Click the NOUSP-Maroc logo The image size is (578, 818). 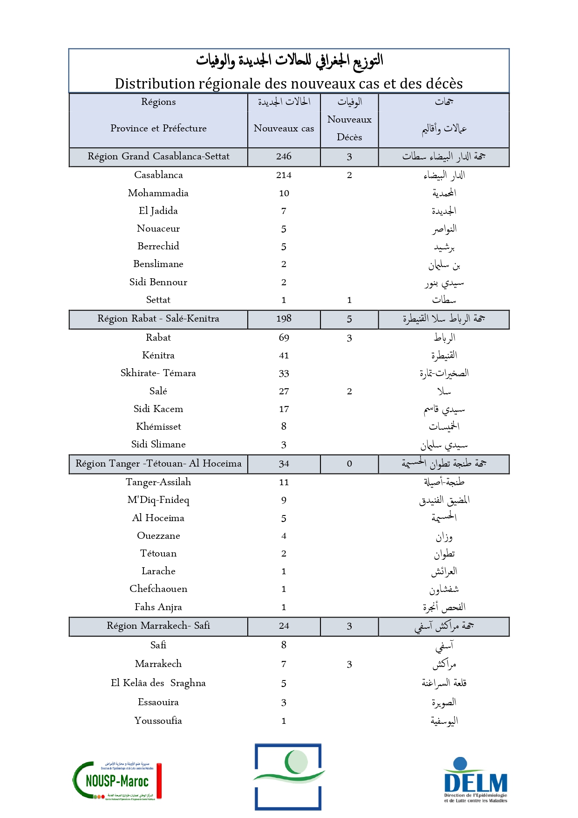[x=117, y=781]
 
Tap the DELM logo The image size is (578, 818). [x=475, y=781]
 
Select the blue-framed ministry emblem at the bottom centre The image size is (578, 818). [x=288, y=776]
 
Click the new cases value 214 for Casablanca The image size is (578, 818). [x=284, y=175]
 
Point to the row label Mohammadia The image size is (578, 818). [x=158, y=193]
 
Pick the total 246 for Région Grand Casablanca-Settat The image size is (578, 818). [x=284, y=157]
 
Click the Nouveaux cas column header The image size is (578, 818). [x=284, y=128]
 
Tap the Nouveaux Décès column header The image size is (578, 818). [x=349, y=128]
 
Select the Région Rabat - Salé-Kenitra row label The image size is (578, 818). [x=158, y=319]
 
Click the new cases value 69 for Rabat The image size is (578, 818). [x=284, y=338]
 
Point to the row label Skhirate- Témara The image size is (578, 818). [x=158, y=373]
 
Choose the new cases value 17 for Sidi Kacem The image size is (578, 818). [x=284, y=409]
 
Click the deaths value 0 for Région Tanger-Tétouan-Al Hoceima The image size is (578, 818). [x=349, y=464]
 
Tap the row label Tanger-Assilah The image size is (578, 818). [x=158, y=482]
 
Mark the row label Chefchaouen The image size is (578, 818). [x=158, y=589]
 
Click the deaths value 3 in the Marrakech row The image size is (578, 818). [x=349, y=665]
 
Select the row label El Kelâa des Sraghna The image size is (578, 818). [x=158, y=683]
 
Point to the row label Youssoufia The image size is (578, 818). [x=158, y=721]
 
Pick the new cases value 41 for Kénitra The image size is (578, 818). [x=284, y=356]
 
